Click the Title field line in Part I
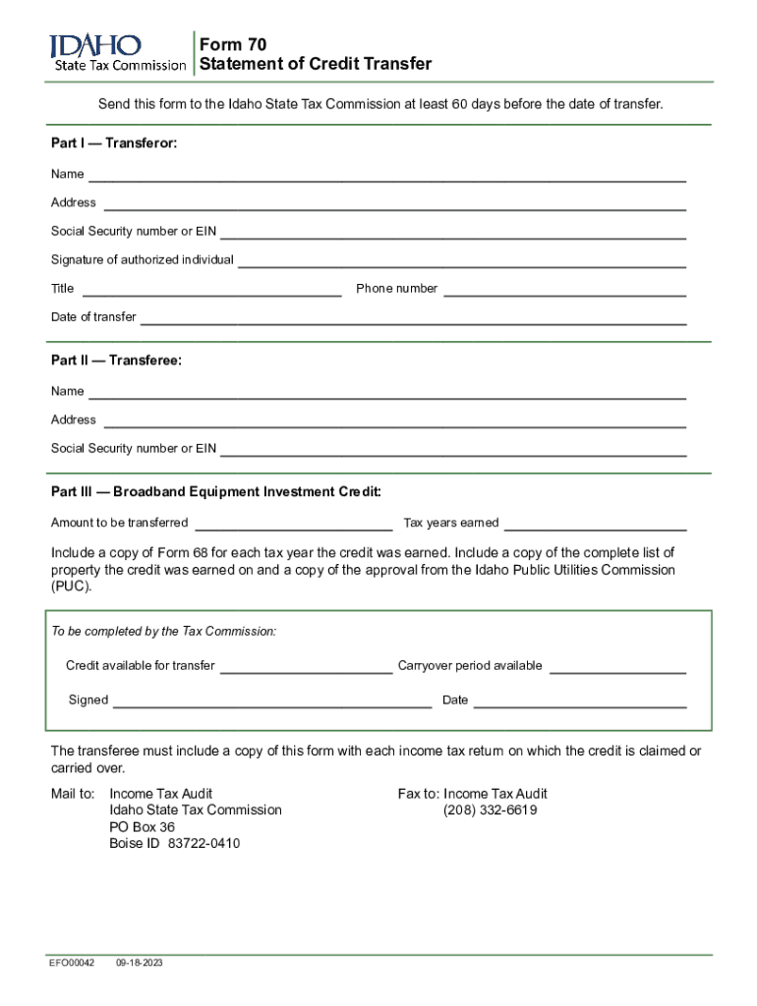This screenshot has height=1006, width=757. pyautogui.click(x=211, y=292)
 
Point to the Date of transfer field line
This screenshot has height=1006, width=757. pyautogui.click(x=413, y=320)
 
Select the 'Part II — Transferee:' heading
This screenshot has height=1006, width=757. pyautogui.click(x=116, y=361)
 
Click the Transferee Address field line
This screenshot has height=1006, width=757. pyautogui.click(x=394, y=423)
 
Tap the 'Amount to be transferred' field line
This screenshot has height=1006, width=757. pyautogui.click(x=294, y=526)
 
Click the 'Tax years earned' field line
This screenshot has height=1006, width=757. pyautogui.click(x=595, y=526)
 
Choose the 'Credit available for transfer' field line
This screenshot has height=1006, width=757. pyautogui.click(x=306, y=669)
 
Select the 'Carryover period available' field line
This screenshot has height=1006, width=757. pyautogui.click(x=617, y=669)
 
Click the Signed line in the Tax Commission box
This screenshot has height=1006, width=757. pyautogui.click(x=272, y=703)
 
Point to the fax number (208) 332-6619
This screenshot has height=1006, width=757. pyautogui.click(x=490, y=810)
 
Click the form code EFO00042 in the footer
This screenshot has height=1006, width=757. pyautogui.click(x=73, y=963)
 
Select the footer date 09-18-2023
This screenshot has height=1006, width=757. pyautogui.click(x=139, y=963)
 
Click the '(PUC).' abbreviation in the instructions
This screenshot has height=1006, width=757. pyautogui.click(x=71, y=587)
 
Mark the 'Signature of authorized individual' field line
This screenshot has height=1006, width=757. pyautogui.click(x=462, y=263)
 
